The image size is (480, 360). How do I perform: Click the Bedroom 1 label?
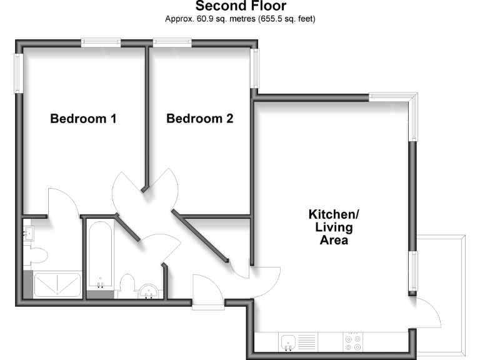point(83,118)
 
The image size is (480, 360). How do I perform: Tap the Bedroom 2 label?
point(199,118)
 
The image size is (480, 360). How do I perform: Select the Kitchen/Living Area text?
point(334,227)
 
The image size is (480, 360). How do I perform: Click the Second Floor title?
point(241,6)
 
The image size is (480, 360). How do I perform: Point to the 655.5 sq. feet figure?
point(287,19)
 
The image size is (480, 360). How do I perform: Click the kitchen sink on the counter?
point(289,342)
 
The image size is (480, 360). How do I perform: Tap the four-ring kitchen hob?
point(352,342)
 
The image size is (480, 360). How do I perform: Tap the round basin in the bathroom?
point(149,291)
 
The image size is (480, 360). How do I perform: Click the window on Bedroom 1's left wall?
point(19,73)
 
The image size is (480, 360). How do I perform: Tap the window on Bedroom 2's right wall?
point(255,68)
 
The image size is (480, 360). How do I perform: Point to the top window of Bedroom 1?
point(101,42)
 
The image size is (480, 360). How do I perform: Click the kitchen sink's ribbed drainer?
point(307,342)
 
